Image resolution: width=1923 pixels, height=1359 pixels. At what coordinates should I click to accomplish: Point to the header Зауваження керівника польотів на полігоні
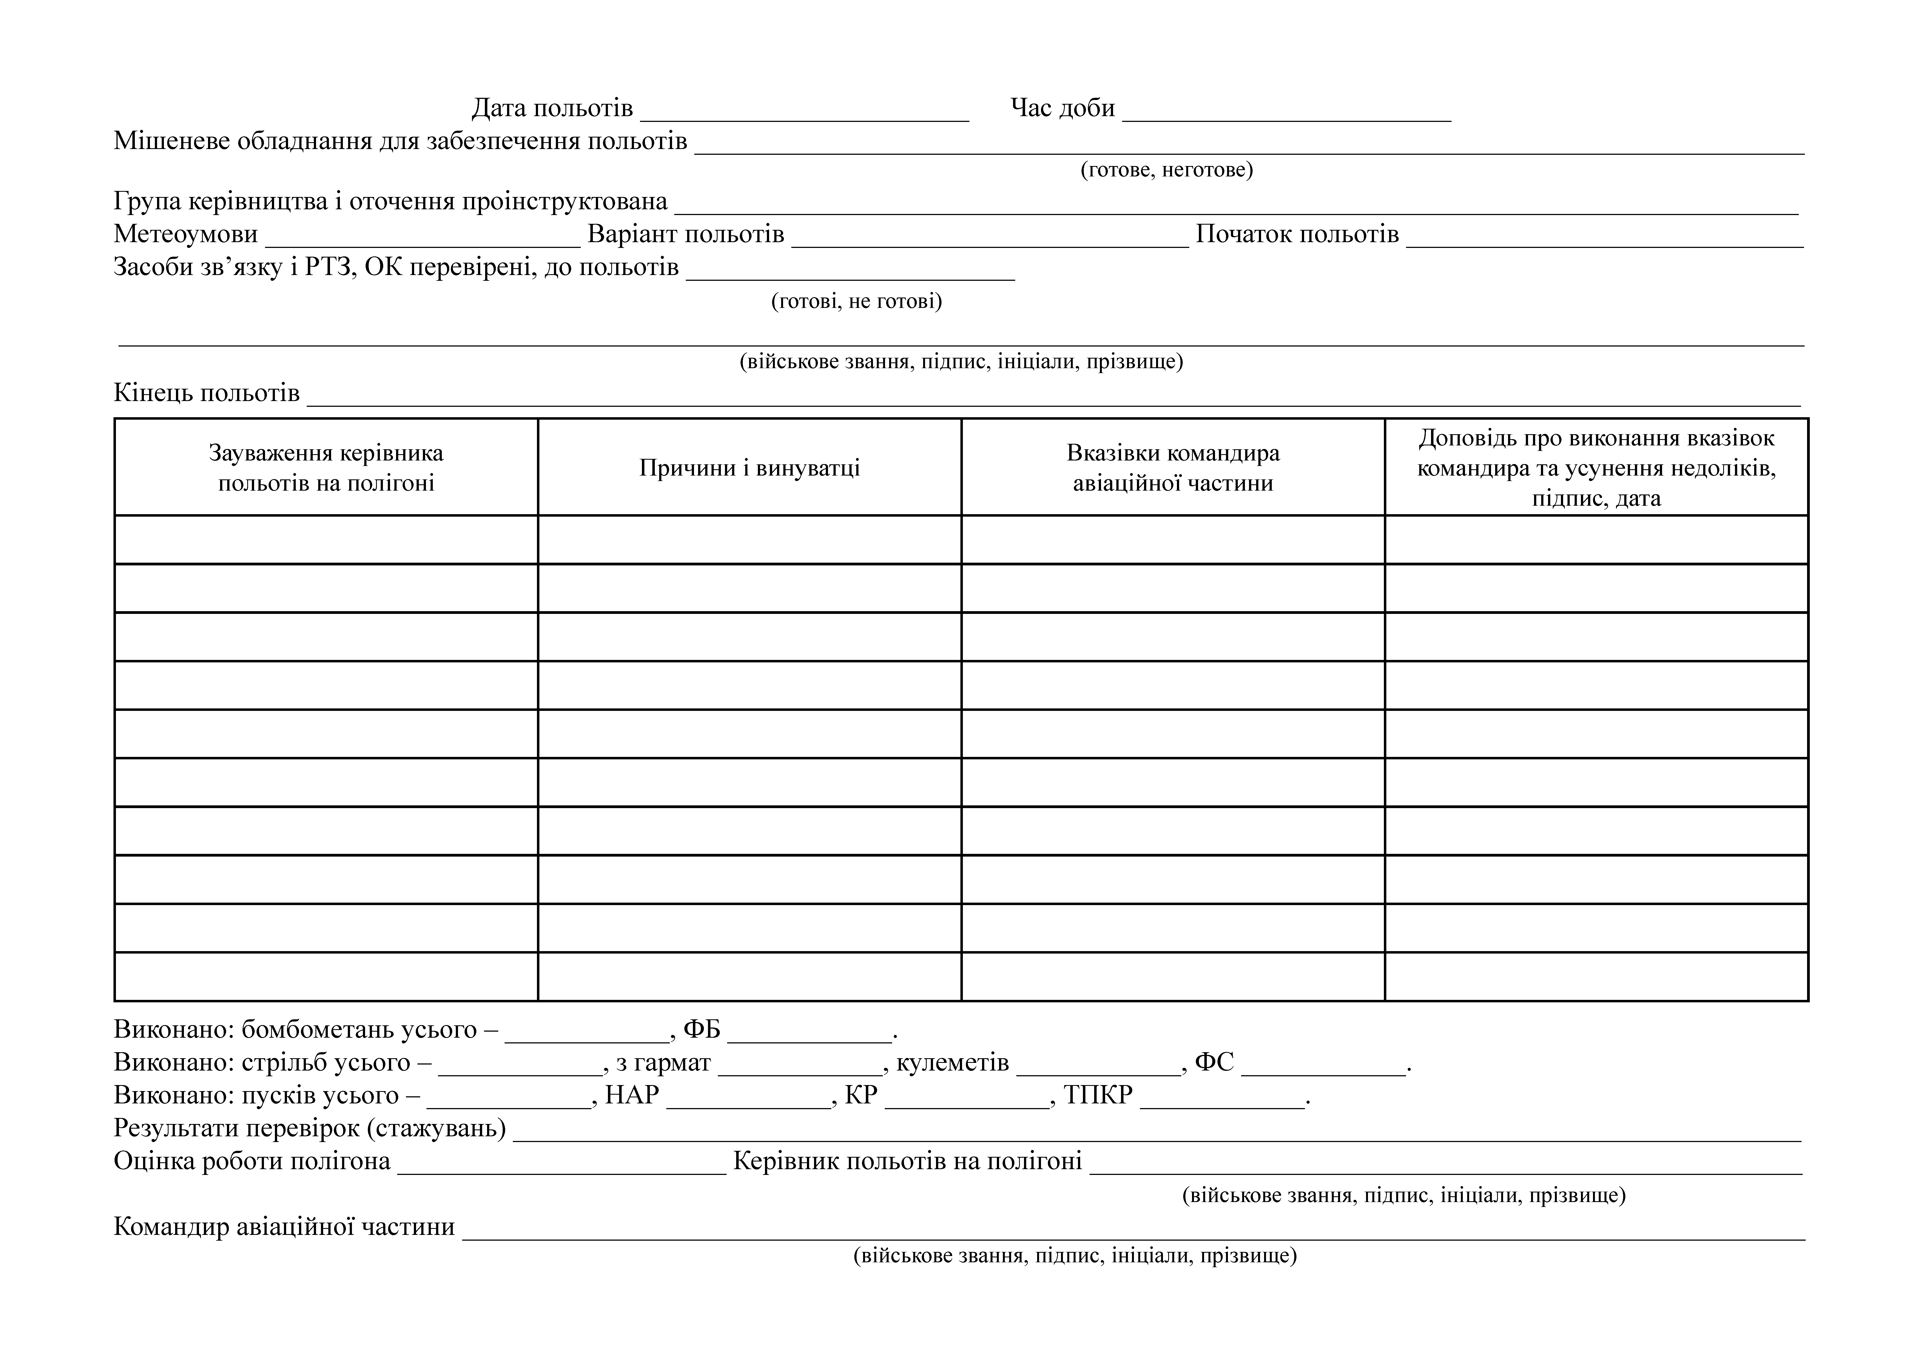point(326,467)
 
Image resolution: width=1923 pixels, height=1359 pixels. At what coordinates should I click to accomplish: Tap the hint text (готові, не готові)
point(856,301)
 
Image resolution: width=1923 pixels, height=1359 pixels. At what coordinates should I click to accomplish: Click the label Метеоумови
point(186,234)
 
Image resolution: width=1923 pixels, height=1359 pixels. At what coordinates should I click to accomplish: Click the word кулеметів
point(952,1062)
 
